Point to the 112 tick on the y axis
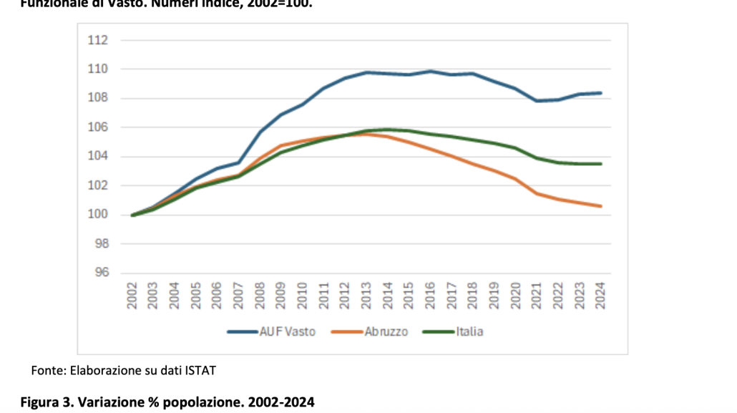click(98, 40)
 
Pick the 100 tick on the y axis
click(98, 215)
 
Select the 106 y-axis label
click(98, 127)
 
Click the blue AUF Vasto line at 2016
click(431, 71)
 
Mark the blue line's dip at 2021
click(537, 101)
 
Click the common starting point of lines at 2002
click(133, 215)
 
